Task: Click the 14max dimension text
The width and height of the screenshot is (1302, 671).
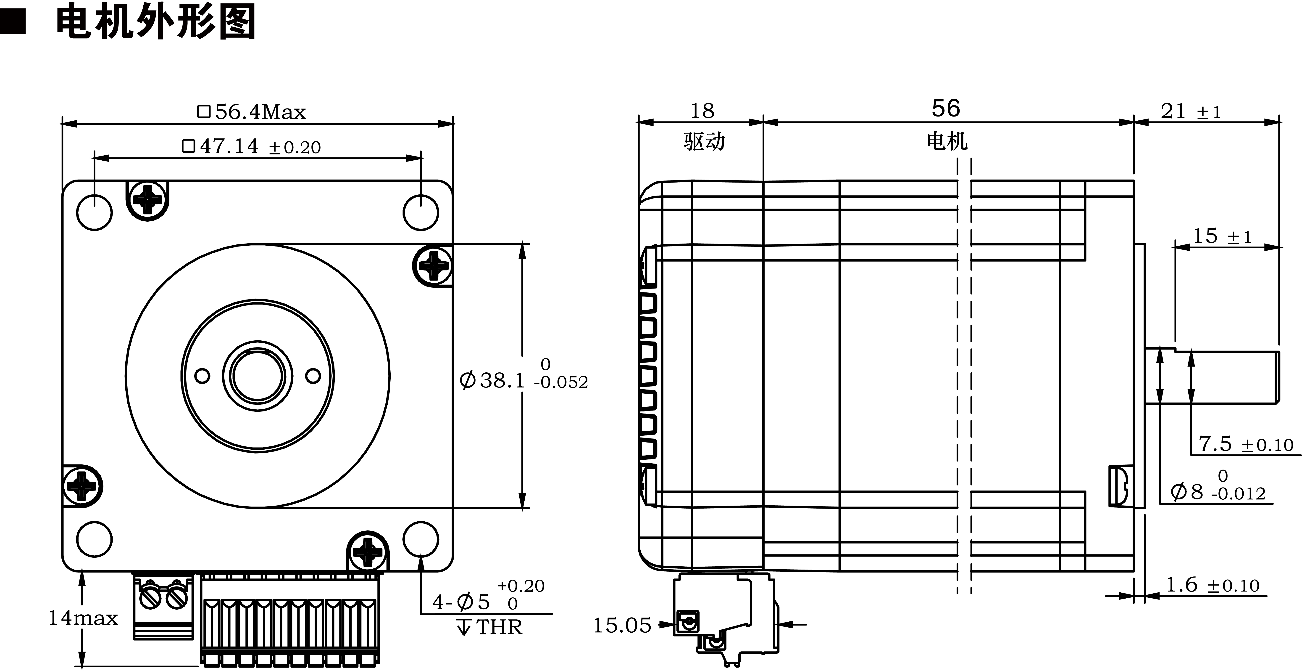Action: coord(83,618)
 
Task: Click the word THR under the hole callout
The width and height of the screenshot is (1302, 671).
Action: coord(499,627)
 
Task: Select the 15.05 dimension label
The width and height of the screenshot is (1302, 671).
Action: coord(622,626)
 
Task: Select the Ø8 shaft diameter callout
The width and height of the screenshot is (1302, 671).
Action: coord(1217,491)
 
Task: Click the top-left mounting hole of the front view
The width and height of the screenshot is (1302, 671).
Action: coord(95,212)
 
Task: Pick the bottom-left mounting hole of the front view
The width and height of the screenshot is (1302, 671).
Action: coord(95,539)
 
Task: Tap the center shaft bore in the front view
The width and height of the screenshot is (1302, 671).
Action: coord(257,376)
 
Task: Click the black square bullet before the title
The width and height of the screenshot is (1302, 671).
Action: coord(13,23)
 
